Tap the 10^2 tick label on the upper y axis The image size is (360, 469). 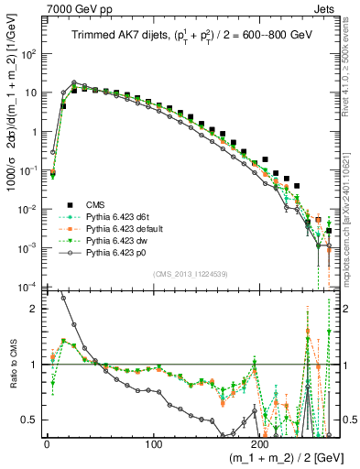tap(27, 54)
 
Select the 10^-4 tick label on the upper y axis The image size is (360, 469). tap(27, 287)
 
